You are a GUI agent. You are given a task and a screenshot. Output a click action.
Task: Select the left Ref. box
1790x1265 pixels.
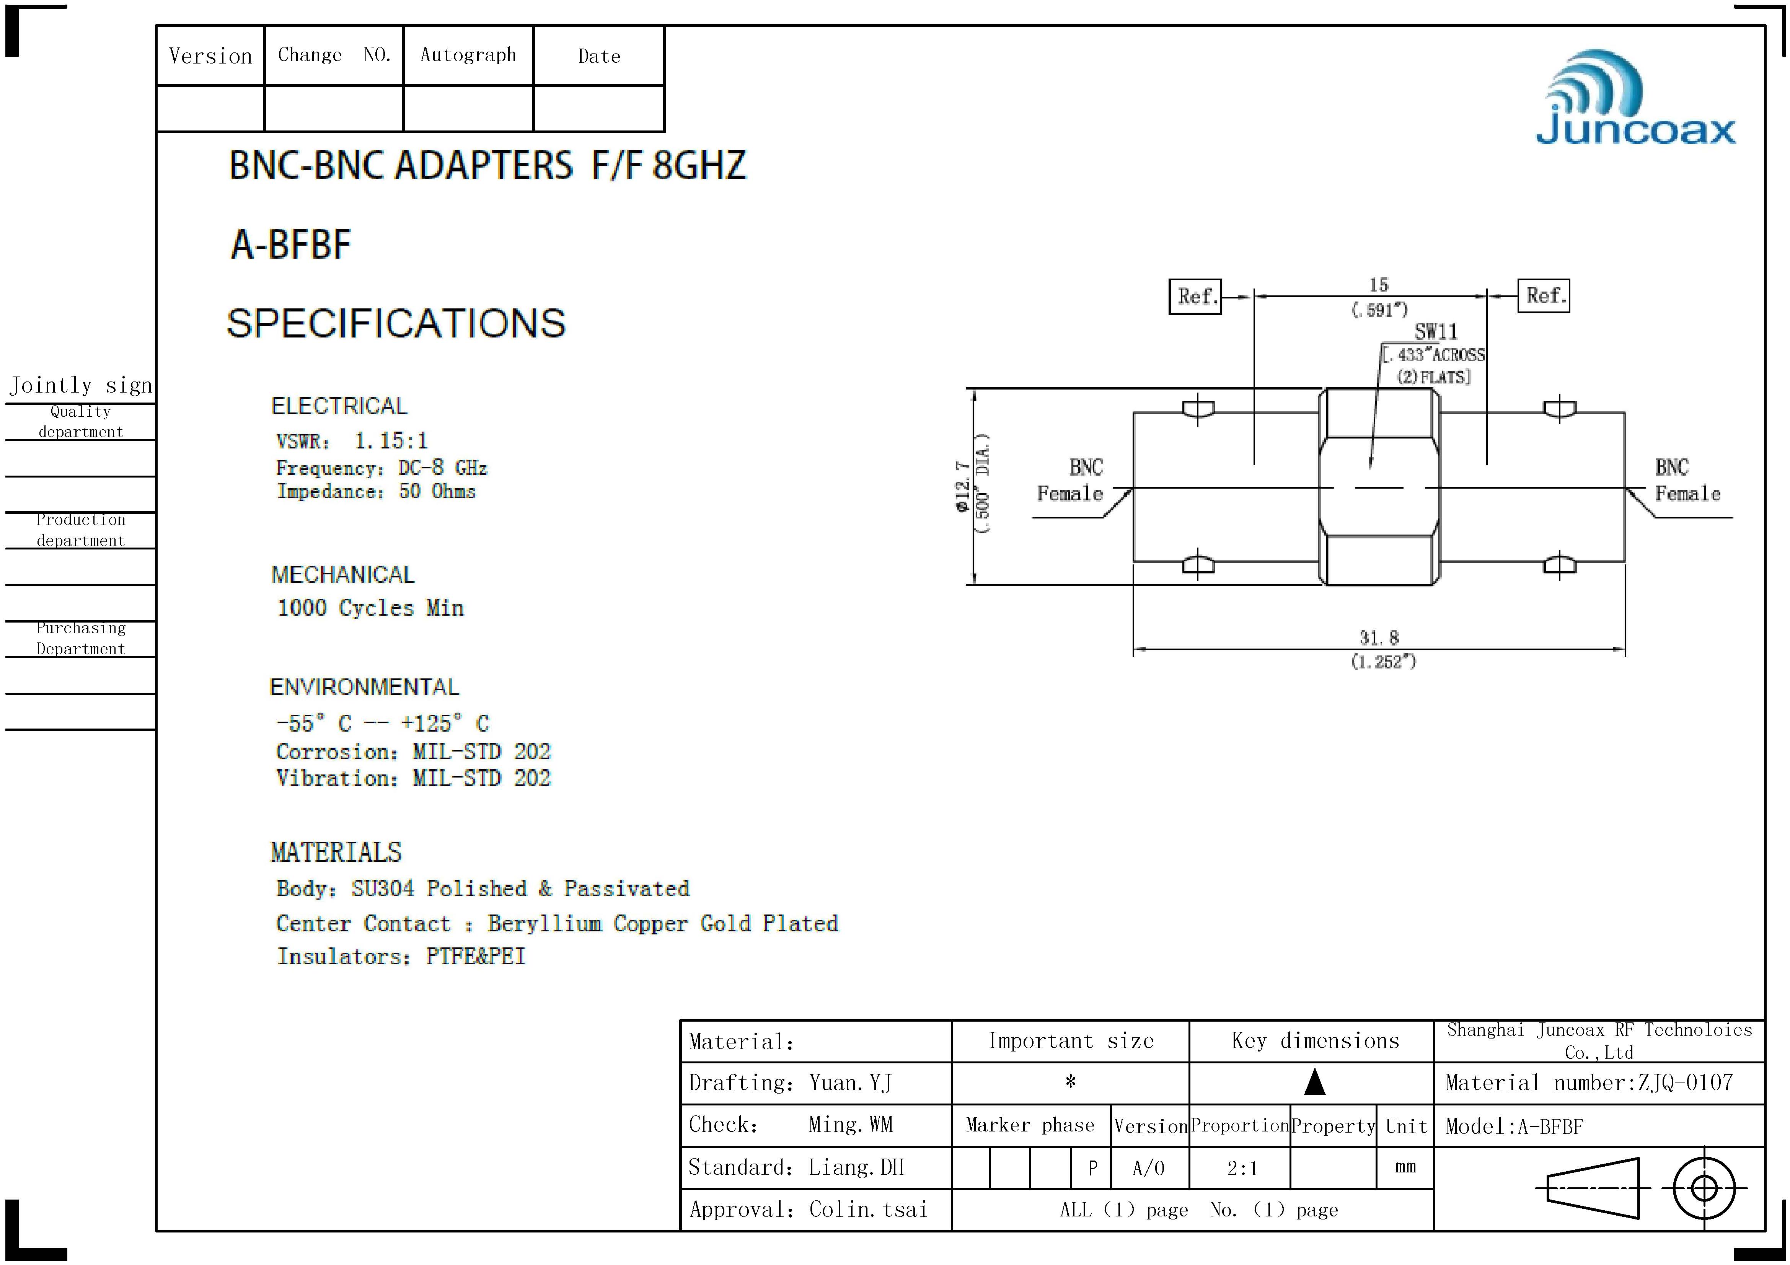coord(1195,296)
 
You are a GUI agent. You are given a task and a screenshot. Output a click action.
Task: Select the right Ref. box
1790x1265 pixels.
coord(1544,295)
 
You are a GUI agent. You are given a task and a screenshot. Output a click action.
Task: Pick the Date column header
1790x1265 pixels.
coord(599,56)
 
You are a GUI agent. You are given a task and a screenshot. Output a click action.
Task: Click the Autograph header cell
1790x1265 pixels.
coord(468,55)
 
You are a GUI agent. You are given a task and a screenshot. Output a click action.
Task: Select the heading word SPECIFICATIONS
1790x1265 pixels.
coord(396,323)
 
